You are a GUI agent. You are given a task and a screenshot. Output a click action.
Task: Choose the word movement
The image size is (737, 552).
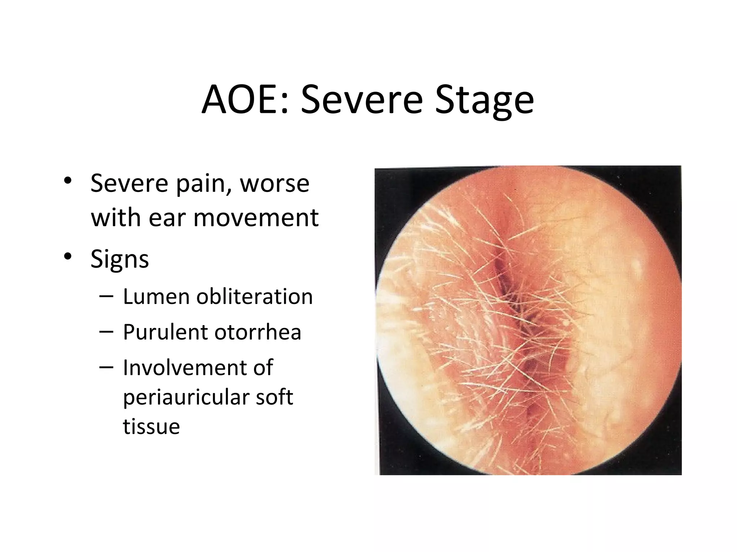pos(256,218)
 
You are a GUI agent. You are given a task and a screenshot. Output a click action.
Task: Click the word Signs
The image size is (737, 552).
pos(119,259)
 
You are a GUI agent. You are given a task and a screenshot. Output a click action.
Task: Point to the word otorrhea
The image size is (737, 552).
pos(258,332)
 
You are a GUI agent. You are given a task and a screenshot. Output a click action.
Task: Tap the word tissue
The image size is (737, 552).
pos(151,427)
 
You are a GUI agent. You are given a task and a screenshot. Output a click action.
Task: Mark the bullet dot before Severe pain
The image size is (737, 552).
pos(67,181)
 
